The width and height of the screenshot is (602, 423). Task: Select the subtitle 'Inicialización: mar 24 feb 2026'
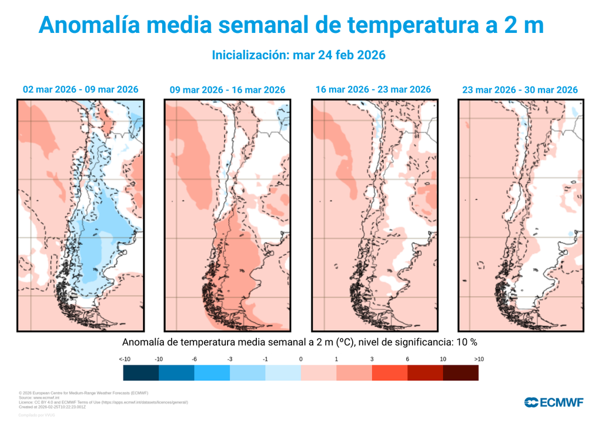(x=298, y=55)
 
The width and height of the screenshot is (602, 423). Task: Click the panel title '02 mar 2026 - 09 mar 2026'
(x=81, y=89)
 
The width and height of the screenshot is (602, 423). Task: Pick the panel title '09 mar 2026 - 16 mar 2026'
(x=227, y=90)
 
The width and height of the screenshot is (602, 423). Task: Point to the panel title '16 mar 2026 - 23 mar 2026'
(x=373, y=89)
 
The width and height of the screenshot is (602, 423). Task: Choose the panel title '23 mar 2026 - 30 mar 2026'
(x=520, y=90)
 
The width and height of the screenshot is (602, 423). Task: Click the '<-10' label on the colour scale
(x=124, y=359)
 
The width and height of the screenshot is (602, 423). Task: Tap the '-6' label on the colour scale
(x=194, y=359)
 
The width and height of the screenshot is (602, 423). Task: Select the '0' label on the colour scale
(x=300, y=359)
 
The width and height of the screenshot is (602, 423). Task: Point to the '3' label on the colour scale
(x=372, y=359)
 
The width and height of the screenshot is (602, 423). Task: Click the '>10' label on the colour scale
(x=478, y=359)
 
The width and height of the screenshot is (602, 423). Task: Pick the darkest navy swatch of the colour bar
(x=141, y=372)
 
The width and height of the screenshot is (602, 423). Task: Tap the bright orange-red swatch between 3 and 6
(x=389, y=372)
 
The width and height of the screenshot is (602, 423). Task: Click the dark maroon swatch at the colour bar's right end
(x=460, y=372)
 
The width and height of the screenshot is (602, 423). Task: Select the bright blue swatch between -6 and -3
(x=212, y=372)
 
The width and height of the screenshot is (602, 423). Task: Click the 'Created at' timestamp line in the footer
(x=53, y=406)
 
